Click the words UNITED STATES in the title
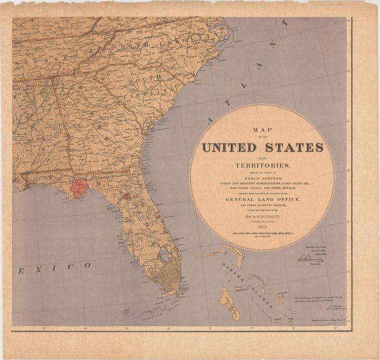262,146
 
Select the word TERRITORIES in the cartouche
262,166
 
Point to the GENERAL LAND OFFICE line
262,199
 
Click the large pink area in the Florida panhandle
79,187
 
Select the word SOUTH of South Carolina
147,79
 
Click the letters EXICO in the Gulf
56,266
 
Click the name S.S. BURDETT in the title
263,215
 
